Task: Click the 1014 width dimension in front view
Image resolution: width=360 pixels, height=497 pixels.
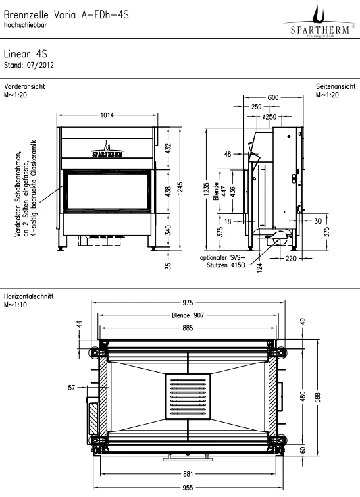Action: (107, 115)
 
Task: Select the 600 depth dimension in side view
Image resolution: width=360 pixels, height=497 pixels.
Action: (273, 97)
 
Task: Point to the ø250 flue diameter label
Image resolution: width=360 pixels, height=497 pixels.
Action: (269, 117)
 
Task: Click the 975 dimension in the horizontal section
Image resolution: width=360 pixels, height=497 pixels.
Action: (188, 303)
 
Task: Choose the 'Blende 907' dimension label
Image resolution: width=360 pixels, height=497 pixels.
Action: (188, 315)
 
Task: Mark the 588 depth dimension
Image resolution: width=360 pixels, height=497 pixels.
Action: (318, 397)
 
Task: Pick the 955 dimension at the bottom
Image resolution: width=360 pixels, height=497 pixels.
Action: (188, 487)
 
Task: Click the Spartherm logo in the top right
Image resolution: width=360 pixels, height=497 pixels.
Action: (319, 21)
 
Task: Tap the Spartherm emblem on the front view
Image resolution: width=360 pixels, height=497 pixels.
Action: (107, 149)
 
